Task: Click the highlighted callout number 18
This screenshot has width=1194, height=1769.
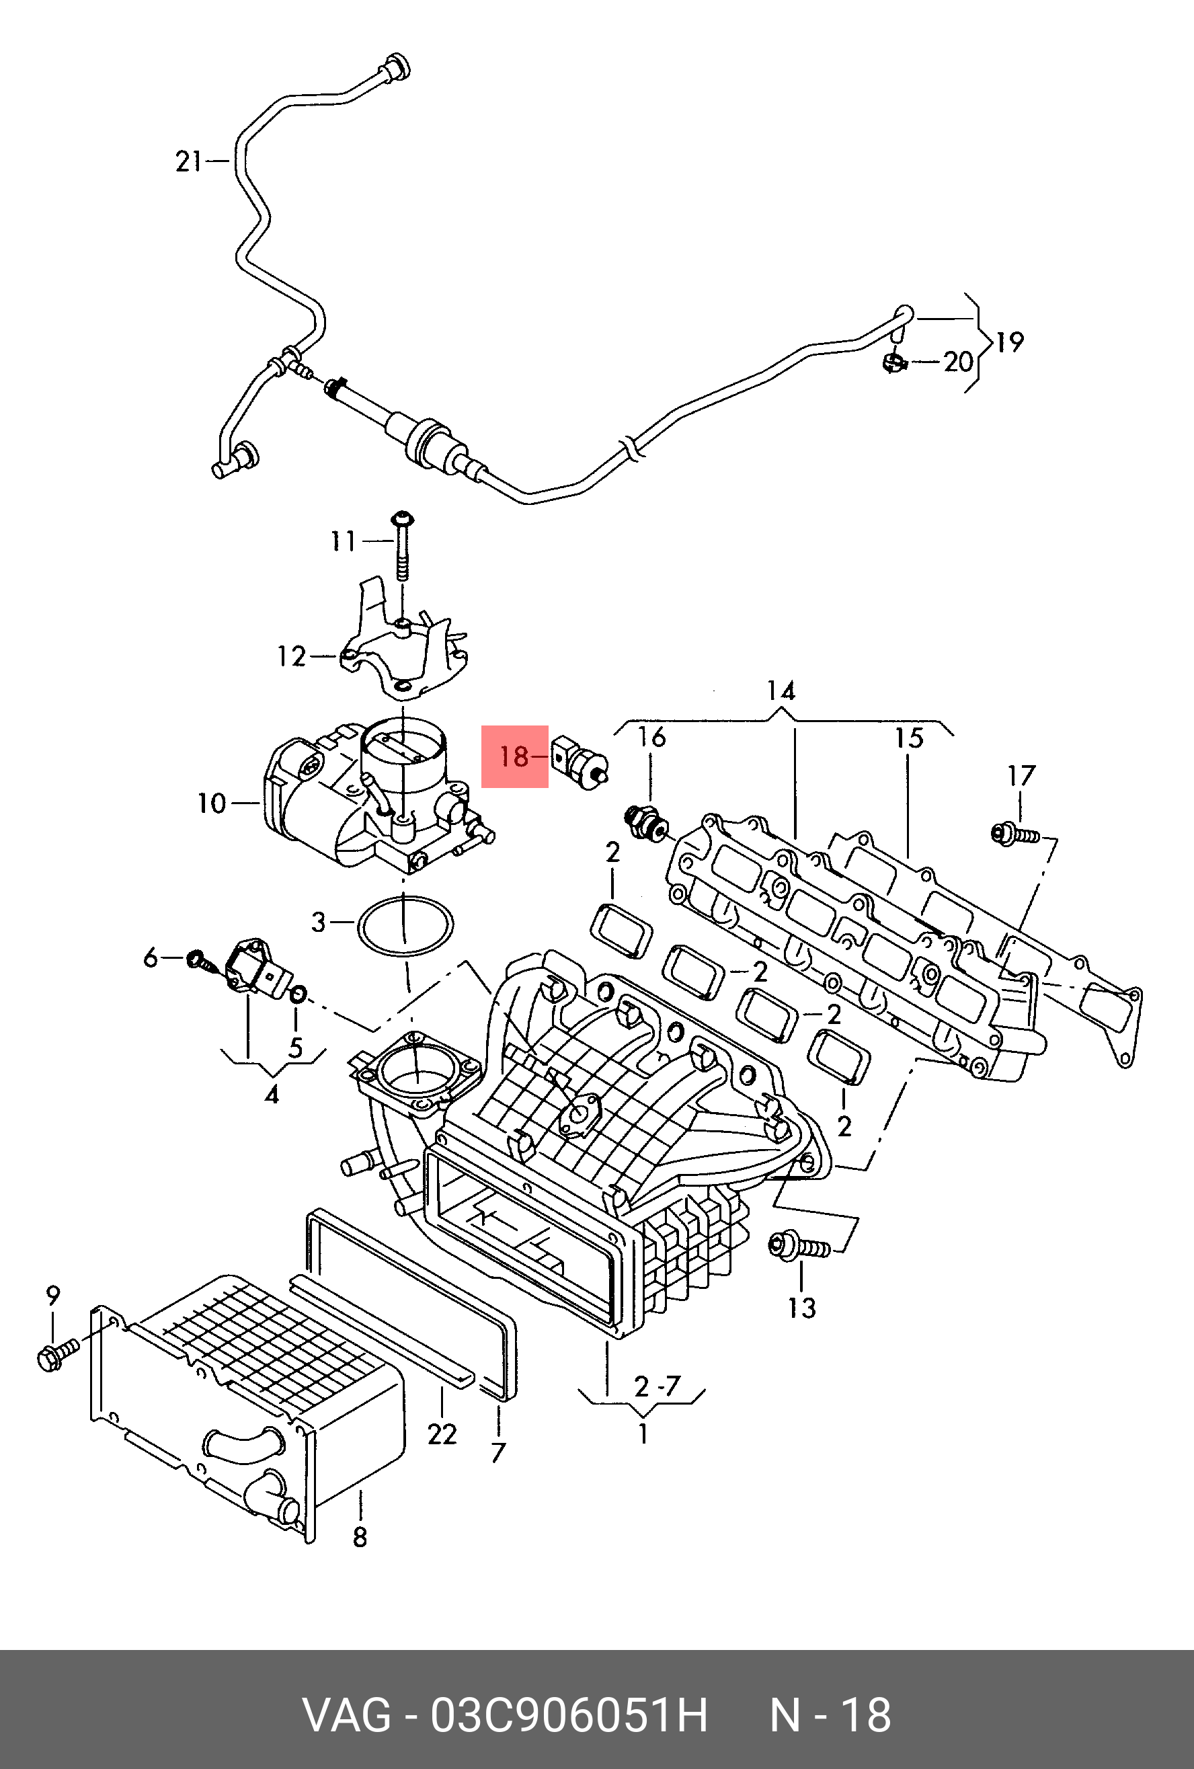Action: click(x=514, y=756)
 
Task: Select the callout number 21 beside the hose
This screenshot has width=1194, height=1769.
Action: click(x=189, y=161)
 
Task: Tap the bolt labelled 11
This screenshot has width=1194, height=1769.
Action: click(x=402, y=546)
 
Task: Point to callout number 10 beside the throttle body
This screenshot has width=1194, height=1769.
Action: click(x=212, y=803)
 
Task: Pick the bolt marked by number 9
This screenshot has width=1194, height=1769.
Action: click(x=57, y=1353)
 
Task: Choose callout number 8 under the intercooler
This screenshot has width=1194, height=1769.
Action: click(x=360, y=1537)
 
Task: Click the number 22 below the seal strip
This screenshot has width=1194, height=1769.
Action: click(x=442, y=1434)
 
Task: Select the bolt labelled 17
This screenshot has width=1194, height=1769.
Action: click(x=1015, y=834)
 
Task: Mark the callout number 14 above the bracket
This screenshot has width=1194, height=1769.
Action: click(x=781, y=691)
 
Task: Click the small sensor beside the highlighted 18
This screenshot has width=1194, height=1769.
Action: click(x=581, y=762)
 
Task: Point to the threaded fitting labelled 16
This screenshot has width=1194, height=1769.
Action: click(x=646, y=822)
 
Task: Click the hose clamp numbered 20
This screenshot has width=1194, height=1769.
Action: click(x=895, y=362)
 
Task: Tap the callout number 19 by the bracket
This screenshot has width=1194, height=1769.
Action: click(x=1010, y=342)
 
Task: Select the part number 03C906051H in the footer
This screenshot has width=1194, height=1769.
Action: click(x=569, y=1715)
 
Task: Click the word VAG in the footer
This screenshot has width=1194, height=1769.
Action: click(x=347, y=1715)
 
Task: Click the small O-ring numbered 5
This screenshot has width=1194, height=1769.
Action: click(x=298, y=992)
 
